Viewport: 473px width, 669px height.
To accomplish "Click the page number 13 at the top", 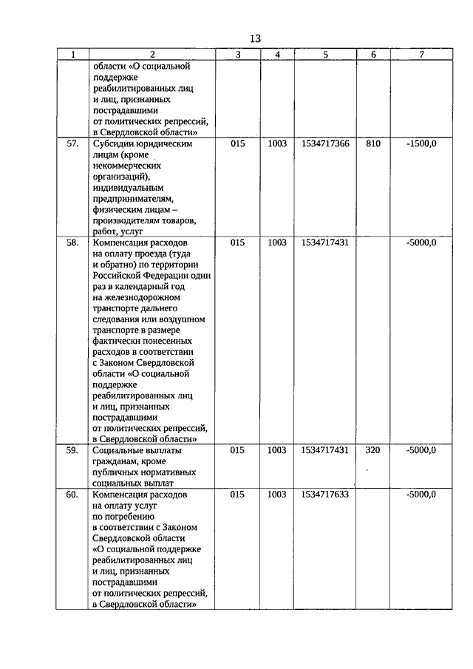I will click(255, 39).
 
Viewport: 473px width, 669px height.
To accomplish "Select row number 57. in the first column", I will click(72, 143).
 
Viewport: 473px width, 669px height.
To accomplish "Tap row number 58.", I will click(72, 242).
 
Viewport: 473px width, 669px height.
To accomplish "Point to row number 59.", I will click(72, 449).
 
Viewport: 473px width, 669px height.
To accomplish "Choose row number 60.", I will click(72, 494).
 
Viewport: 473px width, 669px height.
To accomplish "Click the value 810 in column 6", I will click(373, 143).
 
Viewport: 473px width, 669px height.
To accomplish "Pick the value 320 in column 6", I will click(373, 449).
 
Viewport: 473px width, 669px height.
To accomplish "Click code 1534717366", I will click(325, 143).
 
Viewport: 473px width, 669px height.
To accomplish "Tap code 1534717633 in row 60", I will click(325, 494).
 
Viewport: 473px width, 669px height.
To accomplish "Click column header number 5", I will click(325, 55).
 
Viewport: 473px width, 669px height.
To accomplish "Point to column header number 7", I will click(421, 55).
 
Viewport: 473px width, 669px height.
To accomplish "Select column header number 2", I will click(152, 55).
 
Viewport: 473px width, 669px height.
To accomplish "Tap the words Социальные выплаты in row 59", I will click(137, 449).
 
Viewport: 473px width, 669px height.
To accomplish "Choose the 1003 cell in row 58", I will click(276, 242).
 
